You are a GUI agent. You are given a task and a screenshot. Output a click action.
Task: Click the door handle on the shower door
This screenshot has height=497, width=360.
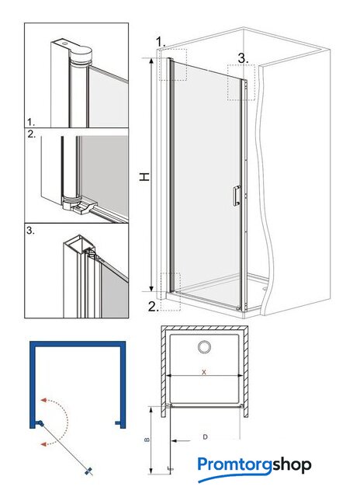pos(237,196)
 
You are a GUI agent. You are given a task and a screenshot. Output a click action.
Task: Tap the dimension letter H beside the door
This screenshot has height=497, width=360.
pos(144,177)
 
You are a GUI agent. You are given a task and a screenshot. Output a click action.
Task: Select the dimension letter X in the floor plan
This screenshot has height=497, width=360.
pos(204,372)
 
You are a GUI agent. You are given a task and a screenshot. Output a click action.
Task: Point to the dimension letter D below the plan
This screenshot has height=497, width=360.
pos(205,437)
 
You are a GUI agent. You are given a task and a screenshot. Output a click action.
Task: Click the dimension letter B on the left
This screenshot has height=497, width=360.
pos(147,440)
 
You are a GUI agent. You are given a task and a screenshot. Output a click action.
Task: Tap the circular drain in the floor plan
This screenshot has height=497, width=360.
pos(205,347)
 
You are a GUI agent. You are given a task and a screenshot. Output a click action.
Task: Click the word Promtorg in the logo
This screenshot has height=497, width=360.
pos(234,466)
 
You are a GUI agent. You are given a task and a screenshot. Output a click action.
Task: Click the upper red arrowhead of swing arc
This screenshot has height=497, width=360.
pos(44,400)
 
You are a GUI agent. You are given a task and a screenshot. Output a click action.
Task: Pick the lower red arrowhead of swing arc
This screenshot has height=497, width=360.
pos(44,443)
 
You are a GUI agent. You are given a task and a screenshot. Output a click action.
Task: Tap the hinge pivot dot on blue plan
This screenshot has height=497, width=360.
pos(40,423)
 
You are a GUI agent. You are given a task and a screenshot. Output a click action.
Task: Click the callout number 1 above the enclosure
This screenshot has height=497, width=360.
pos(161,41)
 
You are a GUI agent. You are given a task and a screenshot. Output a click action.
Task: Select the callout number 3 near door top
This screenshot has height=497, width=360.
pos(243,58)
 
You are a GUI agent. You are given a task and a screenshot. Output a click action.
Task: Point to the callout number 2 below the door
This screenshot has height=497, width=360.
pos(154,307)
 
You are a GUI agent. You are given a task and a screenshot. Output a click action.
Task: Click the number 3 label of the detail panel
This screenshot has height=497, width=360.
pos(30,231)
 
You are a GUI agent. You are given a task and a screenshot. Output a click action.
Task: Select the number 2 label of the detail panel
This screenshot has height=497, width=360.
pos(31,134)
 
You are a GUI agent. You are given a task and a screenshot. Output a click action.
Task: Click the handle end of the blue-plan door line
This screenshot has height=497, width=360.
pos(89,471)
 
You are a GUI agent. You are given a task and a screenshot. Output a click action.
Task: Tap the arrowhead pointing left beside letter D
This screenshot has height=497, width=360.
pos(175,440)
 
